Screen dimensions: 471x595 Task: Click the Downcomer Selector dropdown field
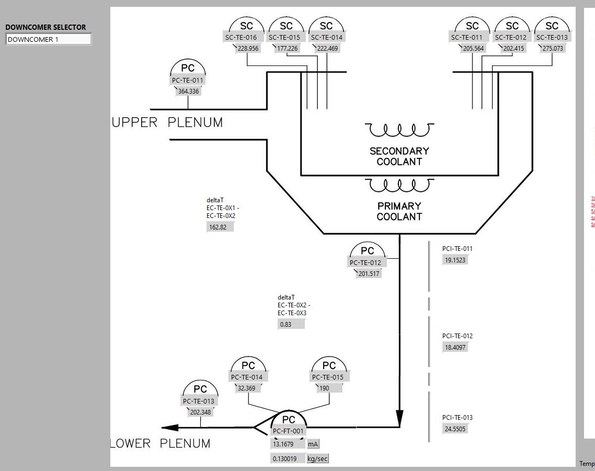coord(48,39)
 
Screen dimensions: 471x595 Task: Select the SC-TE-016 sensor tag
coord(241,37)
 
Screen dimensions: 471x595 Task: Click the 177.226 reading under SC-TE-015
coord(287,49)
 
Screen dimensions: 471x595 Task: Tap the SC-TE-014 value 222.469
coord(327,49)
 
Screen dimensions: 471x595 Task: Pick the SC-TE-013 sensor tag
coord(552,37)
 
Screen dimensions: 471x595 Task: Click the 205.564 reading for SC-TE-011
coord(473,49)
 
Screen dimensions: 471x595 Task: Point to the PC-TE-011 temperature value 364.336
coord(188,91)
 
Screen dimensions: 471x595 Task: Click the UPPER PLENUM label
coord(167,122)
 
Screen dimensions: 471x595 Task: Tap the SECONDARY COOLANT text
coord(399,156)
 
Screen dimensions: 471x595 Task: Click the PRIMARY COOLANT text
coord(399,211)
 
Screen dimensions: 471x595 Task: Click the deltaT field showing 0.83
coord(291,324)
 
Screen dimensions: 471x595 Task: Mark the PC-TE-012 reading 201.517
coord(369,273)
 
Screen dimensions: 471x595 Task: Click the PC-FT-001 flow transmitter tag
coord(288,431)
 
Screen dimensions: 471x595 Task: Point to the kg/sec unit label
coord(318,459)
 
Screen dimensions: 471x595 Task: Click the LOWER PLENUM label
coord(161,444)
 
